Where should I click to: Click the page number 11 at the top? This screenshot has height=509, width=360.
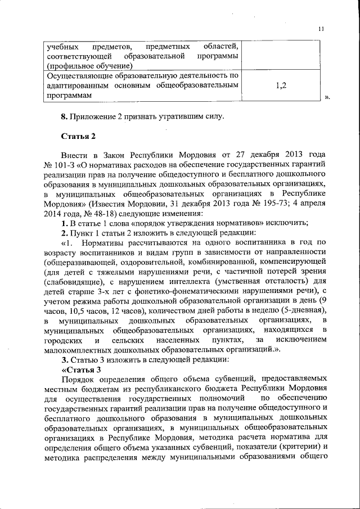321,29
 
